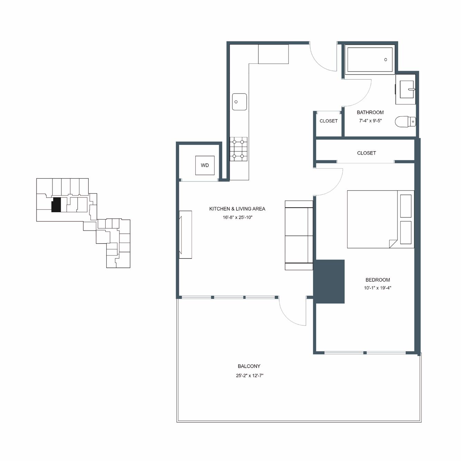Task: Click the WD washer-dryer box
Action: (x=205, y=165)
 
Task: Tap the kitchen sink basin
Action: (x=239, y=102)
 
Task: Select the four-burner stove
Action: (x=238, y=149)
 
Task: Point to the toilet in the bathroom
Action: (x=405, y=121)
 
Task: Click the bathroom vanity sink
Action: (x=407, y=89)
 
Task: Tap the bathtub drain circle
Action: (x=385, y=60)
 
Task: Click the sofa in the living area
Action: (x=299, y=235)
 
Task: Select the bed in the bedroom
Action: (x=380, y=219)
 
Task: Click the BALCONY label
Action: (x=249, y=366)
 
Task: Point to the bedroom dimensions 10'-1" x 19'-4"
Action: (x=377, y=288)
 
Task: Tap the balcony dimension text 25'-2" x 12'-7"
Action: (x=249, y=375)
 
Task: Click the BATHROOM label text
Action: (x=370, y=112)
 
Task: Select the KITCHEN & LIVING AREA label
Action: (x=237, y=209)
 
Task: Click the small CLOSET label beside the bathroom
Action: (x=328, y=121)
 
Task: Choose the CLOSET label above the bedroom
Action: (x=366, y=153)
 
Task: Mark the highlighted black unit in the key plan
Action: (x=56, y=205)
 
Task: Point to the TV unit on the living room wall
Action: (x=185, y=234)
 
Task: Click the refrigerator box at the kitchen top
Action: (x=273, y=54)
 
